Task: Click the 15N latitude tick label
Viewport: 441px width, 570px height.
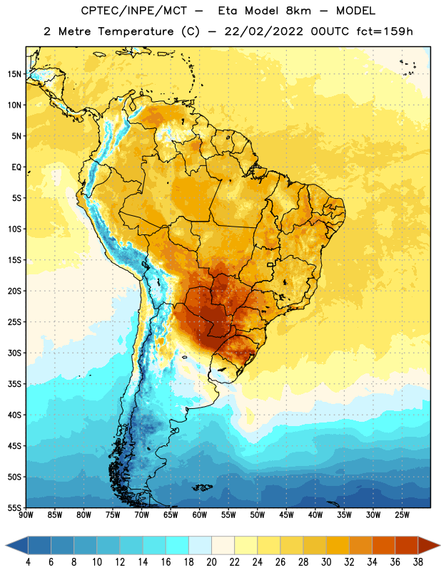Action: coord(14,74)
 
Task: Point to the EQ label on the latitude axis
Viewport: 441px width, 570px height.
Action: coord(16,167)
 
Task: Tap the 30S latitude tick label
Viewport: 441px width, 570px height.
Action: coord(14,353)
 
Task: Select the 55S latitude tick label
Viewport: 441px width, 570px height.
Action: coord(14,507)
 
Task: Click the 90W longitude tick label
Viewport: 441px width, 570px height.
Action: coord(26,515)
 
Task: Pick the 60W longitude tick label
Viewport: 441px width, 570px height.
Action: coord(199,515)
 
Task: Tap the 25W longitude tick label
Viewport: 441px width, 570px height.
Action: coord(402,515)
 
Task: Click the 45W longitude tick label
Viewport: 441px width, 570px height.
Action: coord(286,515)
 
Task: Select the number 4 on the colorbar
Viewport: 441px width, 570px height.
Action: coord(28,562)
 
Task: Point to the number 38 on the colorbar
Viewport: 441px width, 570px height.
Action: coord(418,562)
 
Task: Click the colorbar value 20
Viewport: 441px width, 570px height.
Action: coord(211,562)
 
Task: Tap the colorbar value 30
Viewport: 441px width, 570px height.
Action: coord(326,562)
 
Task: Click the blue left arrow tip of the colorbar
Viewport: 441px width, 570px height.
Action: coord(6,545)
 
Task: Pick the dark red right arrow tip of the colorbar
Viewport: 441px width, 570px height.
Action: coord(439,545)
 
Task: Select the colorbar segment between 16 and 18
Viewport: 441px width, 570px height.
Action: coord(177,545)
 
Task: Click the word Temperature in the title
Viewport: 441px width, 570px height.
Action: coord(136,31)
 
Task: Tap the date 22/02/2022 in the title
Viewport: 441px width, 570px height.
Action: coord(263,31)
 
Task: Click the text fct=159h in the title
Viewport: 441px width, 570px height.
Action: coord(385,31)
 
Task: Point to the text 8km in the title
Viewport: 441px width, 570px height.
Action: coord(298,11)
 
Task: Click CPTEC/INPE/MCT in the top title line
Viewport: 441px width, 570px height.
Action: coord(134,11)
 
